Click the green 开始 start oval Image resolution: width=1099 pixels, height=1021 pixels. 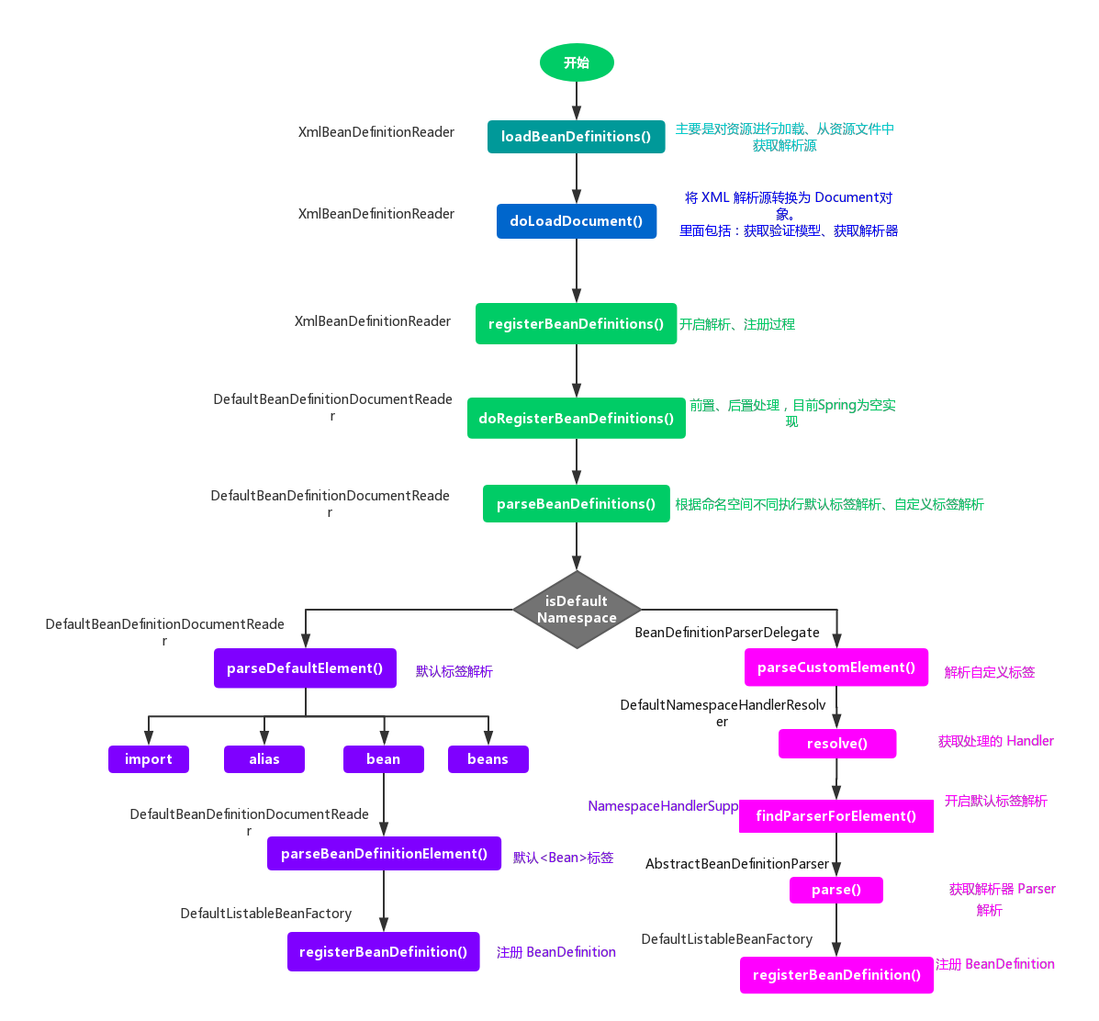[x=577, y=63]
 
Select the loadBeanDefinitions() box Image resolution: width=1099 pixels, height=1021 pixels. [x=576, y=137]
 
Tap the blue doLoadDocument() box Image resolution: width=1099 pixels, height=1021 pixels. [x=577, y=221]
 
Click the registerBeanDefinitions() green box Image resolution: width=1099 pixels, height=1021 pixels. [x=576, y=324]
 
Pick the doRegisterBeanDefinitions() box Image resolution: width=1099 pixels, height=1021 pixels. [x=576, y=418]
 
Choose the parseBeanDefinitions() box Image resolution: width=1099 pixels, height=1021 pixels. [x=576, y=504]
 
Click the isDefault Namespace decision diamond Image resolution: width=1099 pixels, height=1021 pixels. [x=577, y=610]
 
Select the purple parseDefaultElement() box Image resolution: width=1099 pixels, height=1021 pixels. [x=305, y=668]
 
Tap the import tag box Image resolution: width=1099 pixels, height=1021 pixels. [x=149, y=759]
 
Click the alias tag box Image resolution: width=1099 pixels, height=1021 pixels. [x=264, y=759]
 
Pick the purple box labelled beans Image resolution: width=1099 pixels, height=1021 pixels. [x=488, y=759]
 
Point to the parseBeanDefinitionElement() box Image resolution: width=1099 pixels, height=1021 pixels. [x=384, y=854]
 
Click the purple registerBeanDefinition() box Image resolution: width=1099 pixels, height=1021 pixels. [x=383, y=952]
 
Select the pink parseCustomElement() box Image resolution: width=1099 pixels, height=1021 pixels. [x=836, y=668]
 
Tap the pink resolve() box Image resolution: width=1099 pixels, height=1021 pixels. [x=837, y=744]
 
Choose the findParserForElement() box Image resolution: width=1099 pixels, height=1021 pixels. [x=836, y=816]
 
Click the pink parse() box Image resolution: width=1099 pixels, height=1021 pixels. [x=836, y=890]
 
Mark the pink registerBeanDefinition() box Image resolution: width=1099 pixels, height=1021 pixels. [x=836, y=975]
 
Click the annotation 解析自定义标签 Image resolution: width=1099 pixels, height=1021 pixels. [x=990, y=672]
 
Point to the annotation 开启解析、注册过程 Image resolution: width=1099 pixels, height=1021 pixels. [x=737, y=324]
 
